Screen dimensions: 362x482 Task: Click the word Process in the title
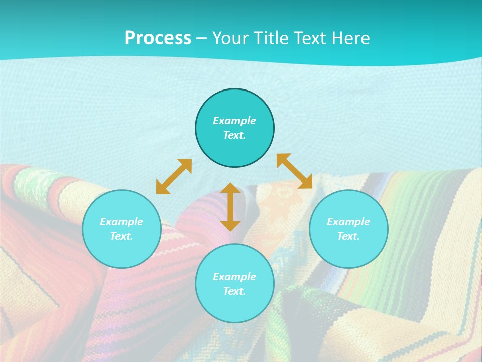[158, 38]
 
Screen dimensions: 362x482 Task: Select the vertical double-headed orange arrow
[230, 207]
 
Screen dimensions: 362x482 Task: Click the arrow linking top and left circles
[174, 176]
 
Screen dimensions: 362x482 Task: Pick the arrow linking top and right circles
[295, 171]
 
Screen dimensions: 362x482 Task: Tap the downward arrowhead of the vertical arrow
[230, 225]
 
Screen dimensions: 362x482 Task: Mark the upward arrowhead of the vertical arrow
[230, 188]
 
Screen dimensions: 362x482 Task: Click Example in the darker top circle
[234, 121]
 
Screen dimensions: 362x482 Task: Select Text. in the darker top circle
[234, 135]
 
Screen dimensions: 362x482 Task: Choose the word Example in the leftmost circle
[122, 222]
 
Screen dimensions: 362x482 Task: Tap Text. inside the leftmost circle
[122, 236]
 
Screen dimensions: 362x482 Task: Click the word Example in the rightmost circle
[348, 222]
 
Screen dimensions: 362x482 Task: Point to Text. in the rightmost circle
[348, 236]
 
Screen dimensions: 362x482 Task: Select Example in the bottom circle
[234, 277]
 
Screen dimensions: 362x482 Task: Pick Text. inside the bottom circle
[234, 291]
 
